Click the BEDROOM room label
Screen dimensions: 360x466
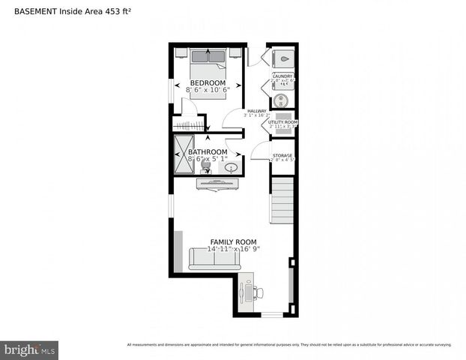click(208, 82)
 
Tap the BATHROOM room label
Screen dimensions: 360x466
click(208, 151)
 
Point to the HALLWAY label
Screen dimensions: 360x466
click(257, 111)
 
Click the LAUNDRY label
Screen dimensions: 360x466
click(282, 76)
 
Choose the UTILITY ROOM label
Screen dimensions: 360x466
click(283, 121)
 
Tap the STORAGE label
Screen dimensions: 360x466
click(282, 155)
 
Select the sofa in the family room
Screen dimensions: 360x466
click(214, 259)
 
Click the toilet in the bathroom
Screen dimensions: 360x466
click(206, 169)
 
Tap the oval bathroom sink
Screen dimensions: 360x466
click(232, 168)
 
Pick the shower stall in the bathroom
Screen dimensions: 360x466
click(184, 154)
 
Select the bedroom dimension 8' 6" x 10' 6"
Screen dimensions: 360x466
click(208, 90)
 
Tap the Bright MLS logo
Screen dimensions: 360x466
click(30, 349)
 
